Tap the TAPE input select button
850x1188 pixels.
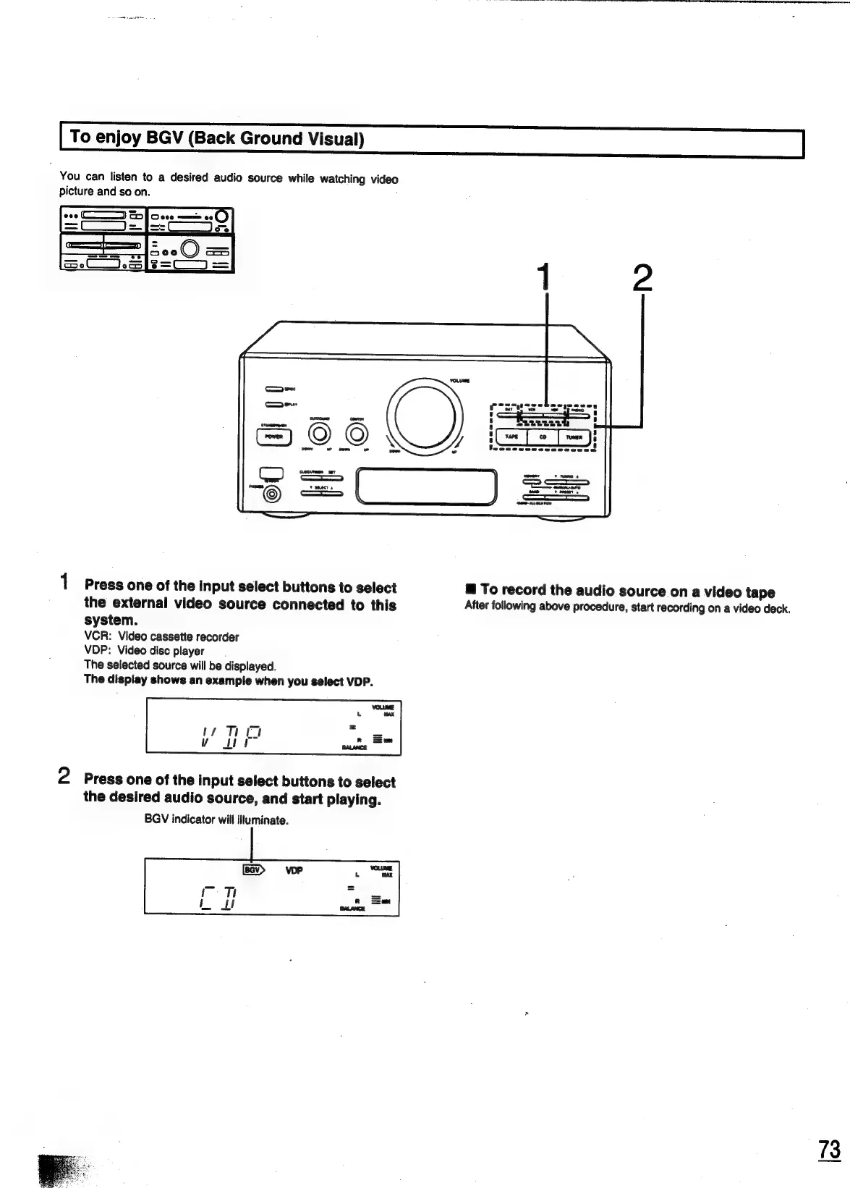(511, 437)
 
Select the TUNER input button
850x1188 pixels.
(574, 437)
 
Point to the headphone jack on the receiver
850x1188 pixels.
(272, 494)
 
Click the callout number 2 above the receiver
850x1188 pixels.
(642, 279)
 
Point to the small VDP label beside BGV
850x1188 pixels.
(294, 870)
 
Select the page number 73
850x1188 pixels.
(830, 1150)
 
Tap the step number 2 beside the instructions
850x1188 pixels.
(64, 777)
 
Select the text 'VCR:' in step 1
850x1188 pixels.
(96, 637)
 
